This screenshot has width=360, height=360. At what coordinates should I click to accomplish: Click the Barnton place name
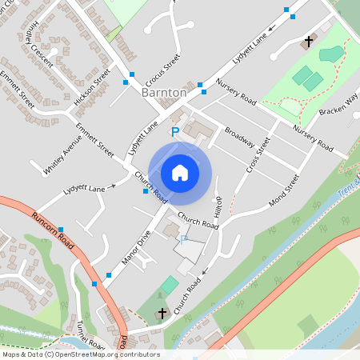pos(163,92)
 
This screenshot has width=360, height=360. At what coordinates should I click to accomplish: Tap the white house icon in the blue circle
pos(180,172)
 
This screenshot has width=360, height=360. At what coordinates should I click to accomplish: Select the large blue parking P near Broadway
pos(175,131)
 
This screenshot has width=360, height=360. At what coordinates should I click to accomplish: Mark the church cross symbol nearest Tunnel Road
pos(162,313)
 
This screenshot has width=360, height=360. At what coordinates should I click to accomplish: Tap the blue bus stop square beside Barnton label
pos(201,86)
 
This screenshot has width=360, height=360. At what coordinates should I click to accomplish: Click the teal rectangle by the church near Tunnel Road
pos(169,285)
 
